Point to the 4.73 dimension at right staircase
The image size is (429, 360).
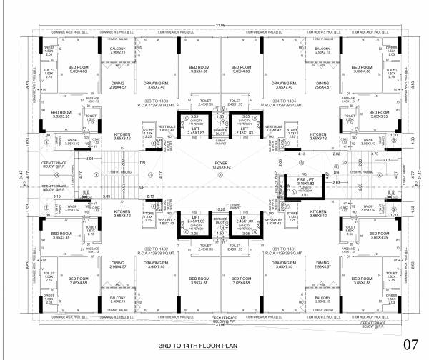[x=374, y=154]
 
